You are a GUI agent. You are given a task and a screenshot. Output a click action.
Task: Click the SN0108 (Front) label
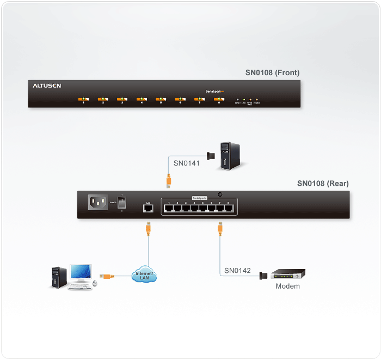pos(272,72)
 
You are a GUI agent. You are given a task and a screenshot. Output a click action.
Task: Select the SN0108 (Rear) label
pos(323,184)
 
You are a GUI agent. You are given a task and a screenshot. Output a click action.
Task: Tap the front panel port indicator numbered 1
pos(83,100)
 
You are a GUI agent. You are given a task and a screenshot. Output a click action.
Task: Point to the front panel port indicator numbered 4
pos(142,100)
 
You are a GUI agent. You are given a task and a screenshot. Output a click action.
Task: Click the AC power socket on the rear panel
pos(99,203)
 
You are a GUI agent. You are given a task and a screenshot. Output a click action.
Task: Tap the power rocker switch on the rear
pos(122,203)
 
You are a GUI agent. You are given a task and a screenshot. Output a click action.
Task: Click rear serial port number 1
pos(169,208)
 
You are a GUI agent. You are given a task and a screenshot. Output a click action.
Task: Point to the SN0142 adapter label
pos(237,270)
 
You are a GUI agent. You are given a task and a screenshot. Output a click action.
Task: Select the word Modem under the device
pos(287,286)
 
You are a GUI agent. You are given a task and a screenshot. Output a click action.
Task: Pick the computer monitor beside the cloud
pos(79,272)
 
